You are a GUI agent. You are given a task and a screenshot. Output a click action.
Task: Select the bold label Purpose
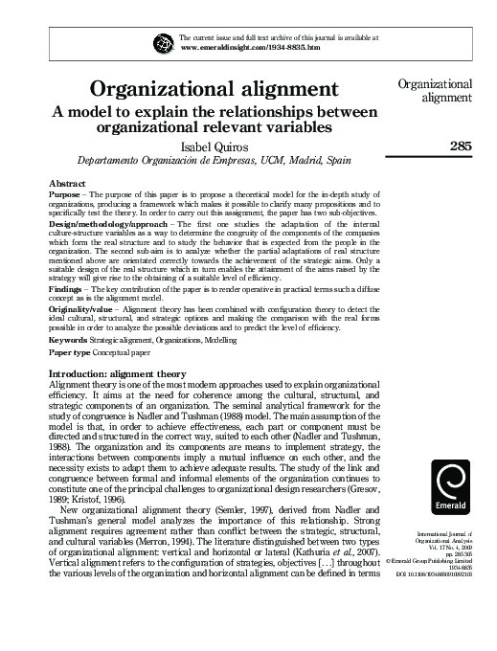(x=66, y=193)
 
